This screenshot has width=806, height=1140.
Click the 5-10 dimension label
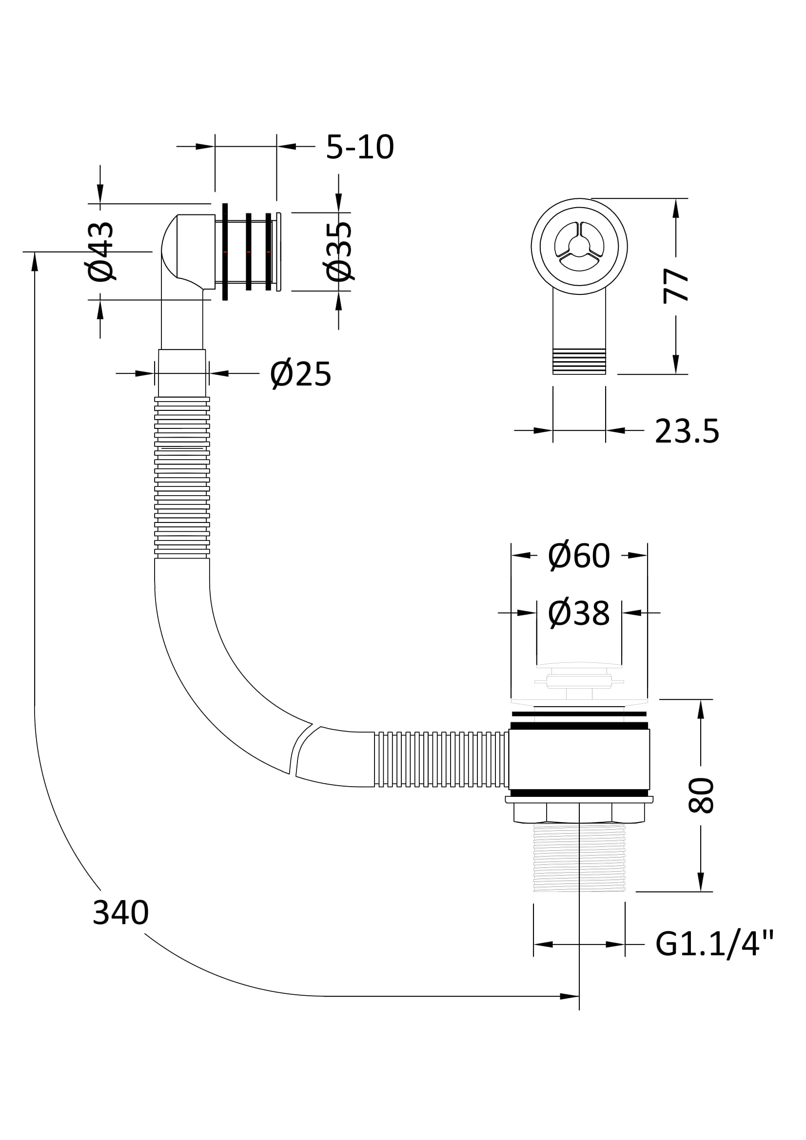359,147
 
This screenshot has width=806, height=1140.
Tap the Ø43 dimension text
101,251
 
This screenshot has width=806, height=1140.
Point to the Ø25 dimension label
300,374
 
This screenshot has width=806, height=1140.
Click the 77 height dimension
676,286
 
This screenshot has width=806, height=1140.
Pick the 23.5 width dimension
687,431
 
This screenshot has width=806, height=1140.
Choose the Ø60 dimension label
579,556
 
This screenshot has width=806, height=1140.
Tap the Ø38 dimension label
579,614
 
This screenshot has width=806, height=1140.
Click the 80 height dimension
701,795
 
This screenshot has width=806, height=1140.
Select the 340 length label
120,912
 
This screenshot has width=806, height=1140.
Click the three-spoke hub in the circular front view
579,246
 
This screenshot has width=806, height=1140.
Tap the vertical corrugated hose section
182,477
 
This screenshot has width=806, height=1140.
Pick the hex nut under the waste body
579,813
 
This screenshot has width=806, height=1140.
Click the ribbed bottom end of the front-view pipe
579,362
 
